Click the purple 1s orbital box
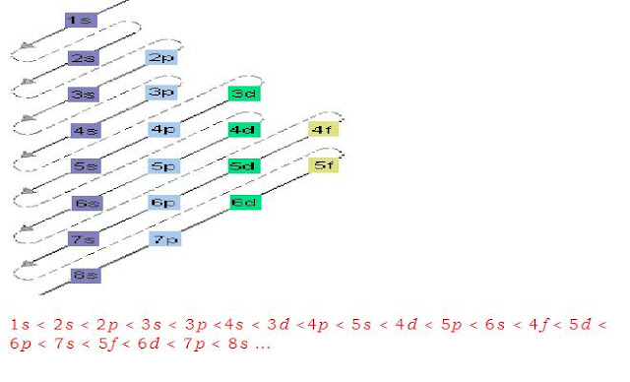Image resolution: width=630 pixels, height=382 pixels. pos(81,20)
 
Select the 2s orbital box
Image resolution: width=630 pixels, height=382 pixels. pos(85,58)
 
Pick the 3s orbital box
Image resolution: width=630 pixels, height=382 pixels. pos(85,95)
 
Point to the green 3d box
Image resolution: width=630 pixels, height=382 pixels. pos(243,94)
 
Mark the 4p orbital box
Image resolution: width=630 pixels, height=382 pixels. pos(163,129)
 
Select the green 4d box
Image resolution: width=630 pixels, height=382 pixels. pos(243,129)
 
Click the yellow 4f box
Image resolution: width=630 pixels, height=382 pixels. pos(324,129)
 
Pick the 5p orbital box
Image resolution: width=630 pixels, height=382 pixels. pos(163,166)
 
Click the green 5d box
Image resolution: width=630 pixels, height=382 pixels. pos(243,165)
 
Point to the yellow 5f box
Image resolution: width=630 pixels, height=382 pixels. pos(324,165)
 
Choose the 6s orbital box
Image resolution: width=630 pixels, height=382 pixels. pos(87,203)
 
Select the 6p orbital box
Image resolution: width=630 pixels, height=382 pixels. pos(163,202)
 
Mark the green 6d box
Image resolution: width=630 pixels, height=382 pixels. pos(244,202)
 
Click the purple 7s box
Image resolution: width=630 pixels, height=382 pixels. pos(84,239)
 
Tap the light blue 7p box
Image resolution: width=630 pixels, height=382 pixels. pos(164,239)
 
